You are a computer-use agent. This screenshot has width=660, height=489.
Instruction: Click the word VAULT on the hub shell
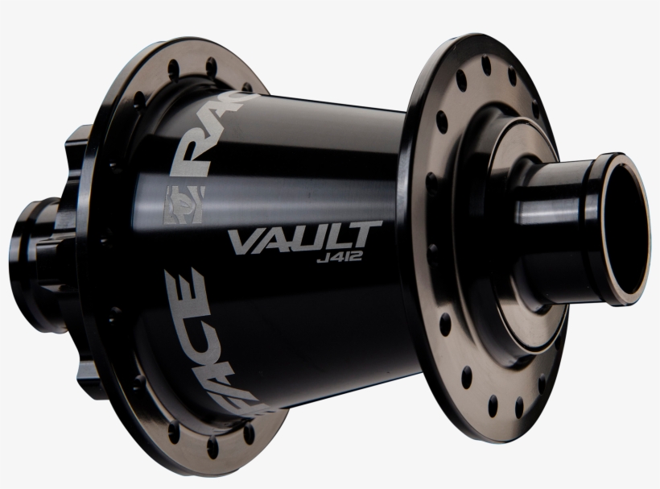(305, 239)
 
